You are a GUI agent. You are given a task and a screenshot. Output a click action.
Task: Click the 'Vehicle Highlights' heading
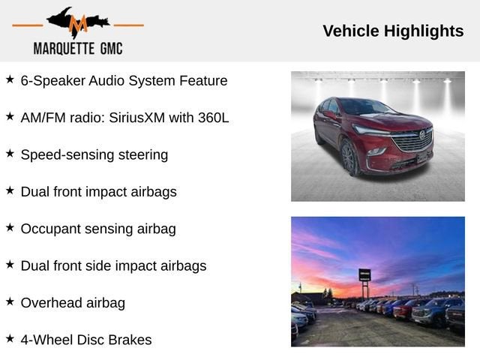pos(393,31)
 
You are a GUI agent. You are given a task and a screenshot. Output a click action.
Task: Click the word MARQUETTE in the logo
pos(64,49)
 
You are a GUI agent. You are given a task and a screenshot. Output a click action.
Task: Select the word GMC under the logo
pos(109,49)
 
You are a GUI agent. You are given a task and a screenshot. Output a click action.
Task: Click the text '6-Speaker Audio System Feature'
pos(124,80)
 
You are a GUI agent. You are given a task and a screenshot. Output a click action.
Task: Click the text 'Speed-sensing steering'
pos(94,154)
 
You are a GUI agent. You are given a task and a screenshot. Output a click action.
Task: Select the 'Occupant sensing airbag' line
pos(98,229)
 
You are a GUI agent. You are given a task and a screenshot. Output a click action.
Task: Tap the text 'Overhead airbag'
pos(73,303)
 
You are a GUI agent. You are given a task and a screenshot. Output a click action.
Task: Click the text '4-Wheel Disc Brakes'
pos(86,340)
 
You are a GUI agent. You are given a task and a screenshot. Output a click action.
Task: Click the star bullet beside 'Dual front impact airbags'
pos(10,190)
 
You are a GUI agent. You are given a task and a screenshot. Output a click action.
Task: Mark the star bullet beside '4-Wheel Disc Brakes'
pos(10,339)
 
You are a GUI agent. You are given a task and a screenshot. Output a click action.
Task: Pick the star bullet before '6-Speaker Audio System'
pos(10,79)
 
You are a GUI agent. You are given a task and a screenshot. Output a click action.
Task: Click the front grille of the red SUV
pos(412,142)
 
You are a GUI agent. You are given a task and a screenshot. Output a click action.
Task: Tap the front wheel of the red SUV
pos(349,158)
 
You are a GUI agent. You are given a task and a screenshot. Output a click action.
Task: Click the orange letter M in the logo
pos(78,25)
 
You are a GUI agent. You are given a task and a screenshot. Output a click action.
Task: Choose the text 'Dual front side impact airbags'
pos(113,265)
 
